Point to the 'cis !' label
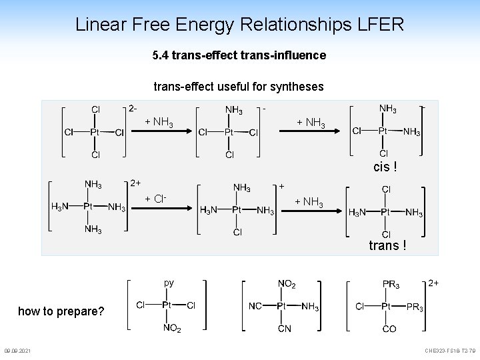pos(386,167)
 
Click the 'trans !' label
pos(387,246)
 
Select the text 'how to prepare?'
pos(61,311)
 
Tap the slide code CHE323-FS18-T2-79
pos(450,351)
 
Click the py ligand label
pos(169,283)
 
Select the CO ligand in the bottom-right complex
pos(389,329)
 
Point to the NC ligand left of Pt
pos(255,306)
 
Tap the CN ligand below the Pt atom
pos(285,329)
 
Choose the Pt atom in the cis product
pos(384,131)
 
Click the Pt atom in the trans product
pos(386,212)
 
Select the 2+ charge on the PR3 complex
pos(433,283)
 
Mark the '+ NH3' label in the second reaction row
pos(309,202)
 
